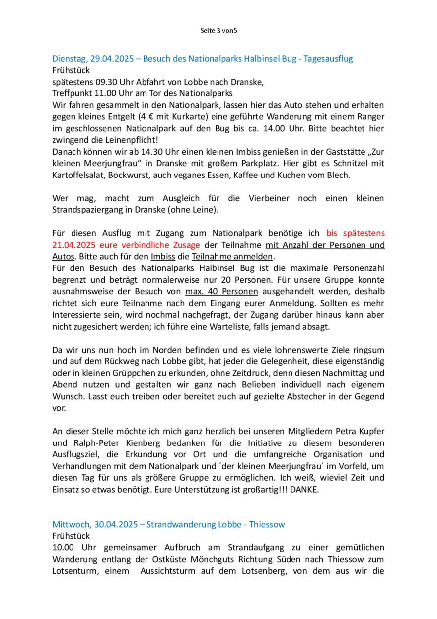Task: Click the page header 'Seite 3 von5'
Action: coord(218,31)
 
